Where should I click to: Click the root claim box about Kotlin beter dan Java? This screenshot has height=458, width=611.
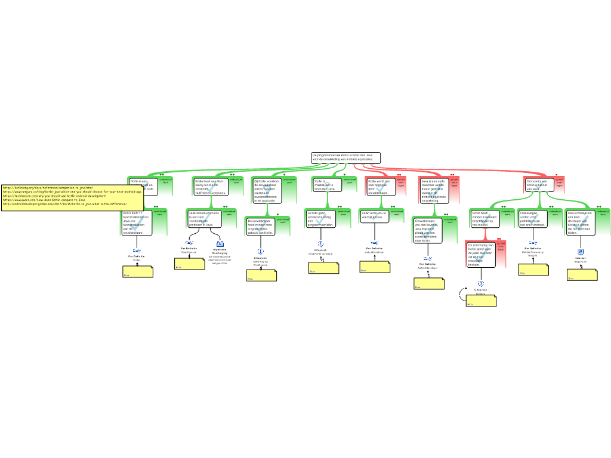coord(345,157)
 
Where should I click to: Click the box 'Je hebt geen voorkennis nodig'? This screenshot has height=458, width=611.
coord(320,219)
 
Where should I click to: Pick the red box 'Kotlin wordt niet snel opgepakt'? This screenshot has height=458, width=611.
coord(380,187)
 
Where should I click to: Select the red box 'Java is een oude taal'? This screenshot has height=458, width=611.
coord(434,191)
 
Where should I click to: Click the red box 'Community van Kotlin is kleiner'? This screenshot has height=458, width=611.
coord(539,184)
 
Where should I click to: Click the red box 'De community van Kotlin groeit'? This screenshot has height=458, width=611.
coord(482,255)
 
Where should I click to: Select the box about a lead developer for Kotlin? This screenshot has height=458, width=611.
coord(579,222)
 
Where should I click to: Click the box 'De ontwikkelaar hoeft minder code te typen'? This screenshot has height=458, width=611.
coord(261,227)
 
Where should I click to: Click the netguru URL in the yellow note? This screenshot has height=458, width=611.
coord(72,191)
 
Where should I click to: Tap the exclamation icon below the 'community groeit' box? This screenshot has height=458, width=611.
coord(481,284)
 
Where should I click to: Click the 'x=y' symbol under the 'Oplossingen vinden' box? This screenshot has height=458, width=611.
coord(533,243)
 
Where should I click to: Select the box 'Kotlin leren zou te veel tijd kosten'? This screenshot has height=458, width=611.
coord(374,216)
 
